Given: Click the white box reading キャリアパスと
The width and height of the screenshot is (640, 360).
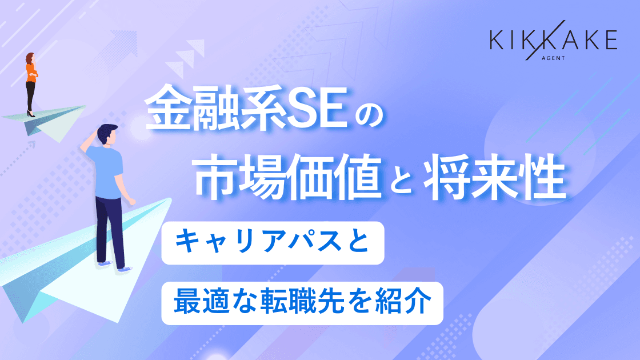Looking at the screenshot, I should [x=273, y=243].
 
